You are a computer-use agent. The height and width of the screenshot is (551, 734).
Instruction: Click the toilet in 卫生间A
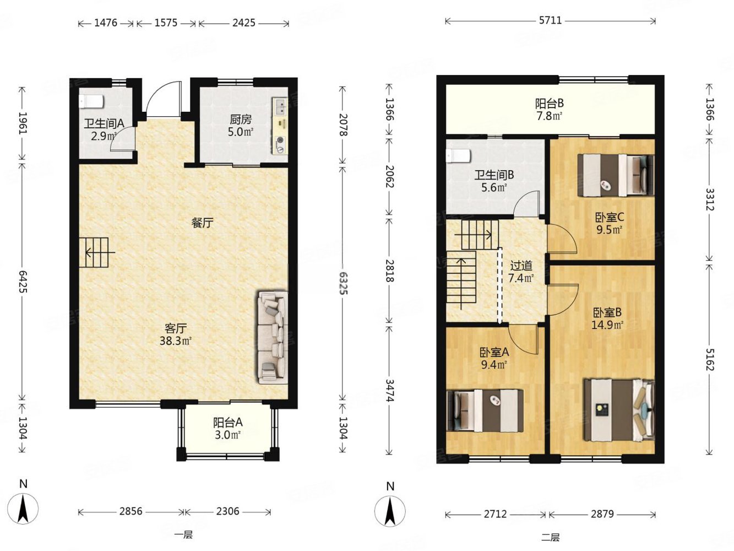[x=91, y=101]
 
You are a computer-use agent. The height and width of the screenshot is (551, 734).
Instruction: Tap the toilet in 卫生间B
[x=458, y=156]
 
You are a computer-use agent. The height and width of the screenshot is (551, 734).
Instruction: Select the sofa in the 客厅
[x=273, y=337]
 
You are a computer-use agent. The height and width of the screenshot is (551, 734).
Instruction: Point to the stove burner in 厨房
[x=280, y=145]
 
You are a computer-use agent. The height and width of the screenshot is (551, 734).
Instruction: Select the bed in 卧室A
[x=485, y=410]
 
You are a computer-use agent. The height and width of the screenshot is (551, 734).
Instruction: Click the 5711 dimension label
[x=551, y=21]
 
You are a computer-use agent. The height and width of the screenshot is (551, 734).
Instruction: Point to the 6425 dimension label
[x=23, y=282]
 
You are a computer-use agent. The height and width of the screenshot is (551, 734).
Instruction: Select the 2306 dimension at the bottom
[x=227, y=511]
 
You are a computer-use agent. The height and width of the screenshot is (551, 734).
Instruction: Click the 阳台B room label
[x=550, y=104]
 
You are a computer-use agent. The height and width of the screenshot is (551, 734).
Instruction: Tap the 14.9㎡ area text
[x=607, y=325]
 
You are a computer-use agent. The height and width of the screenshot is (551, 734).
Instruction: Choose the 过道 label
[x=521, y=266]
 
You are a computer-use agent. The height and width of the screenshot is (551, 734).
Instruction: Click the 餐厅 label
[x=202, y=223]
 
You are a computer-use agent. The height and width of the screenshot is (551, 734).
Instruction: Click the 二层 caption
[x=551, y=538]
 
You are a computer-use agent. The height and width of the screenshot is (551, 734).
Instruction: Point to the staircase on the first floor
[x=94, y=252]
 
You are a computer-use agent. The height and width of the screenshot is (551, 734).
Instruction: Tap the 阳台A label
[x=228, y=423]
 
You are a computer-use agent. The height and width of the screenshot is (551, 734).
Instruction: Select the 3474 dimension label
[x=389, y=391]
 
